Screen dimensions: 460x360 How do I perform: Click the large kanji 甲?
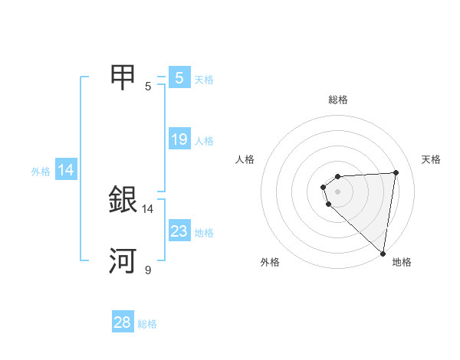click(124, 78)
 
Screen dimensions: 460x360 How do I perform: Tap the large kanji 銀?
click(124, 201)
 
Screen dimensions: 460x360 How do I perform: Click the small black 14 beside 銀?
click(148, 208)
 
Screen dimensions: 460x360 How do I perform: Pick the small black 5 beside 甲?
click(148, 86)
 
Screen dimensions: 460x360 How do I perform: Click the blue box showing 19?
click(179, 139)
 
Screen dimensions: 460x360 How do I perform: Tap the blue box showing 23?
click(179, 231)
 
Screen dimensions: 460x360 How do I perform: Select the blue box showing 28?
click(123, 322)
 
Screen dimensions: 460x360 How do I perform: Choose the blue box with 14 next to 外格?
click(66, 171)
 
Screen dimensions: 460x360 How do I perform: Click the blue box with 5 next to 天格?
click(179, 78)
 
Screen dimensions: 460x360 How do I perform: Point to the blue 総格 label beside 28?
click(147, 324)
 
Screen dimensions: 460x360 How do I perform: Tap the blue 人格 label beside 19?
click(204, 141)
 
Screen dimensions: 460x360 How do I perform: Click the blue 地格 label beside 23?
click(204, 233)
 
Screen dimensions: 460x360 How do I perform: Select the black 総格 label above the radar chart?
click(338, 100)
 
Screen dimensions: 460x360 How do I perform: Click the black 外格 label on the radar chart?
click(270, 262)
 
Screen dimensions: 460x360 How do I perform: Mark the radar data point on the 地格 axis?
click(383, 253)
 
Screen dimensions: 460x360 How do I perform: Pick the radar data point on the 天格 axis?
click(396, 172)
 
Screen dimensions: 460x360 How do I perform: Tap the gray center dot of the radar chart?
click(338, 191)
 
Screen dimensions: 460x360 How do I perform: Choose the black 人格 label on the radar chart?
click(245, 159)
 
